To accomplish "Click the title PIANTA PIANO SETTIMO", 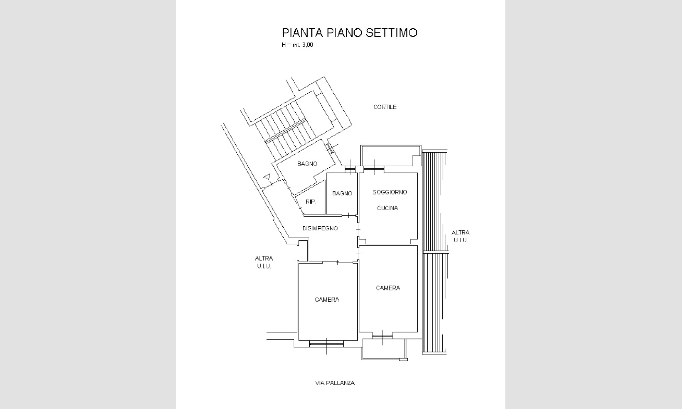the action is (350, 33).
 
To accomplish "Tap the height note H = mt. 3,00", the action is (297, 45).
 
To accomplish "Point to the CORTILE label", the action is (385, 107).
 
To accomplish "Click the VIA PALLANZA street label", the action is (335, 383).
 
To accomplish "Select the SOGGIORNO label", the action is (390, 192).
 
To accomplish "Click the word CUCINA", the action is (387, 208).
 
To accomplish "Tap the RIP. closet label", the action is (311, 202).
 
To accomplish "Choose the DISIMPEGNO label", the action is (320, 228).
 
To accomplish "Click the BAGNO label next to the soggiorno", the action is (342, 194).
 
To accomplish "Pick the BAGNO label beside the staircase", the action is (307, 164).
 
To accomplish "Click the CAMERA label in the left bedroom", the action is (327, 300).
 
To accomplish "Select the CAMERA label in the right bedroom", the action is (388, 288).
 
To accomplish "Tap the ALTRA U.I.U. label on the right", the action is (460, 236).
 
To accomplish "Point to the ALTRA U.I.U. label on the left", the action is (264, 262).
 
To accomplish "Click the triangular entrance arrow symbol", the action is (267, 177).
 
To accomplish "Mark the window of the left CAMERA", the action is (326, 344).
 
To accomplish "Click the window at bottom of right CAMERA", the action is (382, 336).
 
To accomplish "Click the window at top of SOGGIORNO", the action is (374, 168).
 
